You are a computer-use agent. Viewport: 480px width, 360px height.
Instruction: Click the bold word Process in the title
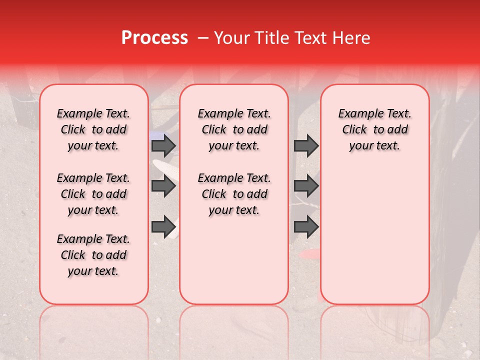pos(154,38)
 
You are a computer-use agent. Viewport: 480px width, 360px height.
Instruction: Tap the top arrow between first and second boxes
pos(163,146)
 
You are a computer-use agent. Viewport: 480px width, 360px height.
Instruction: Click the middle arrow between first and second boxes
pos(163,186)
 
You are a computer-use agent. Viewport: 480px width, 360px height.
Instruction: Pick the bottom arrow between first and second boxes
pos(163,226)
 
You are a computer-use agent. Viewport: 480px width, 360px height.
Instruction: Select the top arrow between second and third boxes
pos(306,146)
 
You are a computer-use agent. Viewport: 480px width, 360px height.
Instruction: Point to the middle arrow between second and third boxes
pos(306,186)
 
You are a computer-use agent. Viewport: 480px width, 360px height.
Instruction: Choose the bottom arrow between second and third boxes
pos(306,226)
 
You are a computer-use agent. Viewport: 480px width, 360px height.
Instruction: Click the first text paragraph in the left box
pos(93,129)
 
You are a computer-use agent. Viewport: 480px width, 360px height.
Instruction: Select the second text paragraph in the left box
pos(93,194)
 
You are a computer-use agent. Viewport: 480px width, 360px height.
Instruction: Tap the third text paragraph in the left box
pos(93,255)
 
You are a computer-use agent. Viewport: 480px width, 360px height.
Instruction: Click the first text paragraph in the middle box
pos(234,129)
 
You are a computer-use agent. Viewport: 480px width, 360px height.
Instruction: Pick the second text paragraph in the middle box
pos(234,194)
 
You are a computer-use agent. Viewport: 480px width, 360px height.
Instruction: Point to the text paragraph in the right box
pos(375,129)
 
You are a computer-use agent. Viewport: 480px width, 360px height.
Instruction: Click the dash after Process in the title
pos(203,38)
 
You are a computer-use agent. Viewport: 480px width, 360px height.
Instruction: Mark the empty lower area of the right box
pos(375,235)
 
